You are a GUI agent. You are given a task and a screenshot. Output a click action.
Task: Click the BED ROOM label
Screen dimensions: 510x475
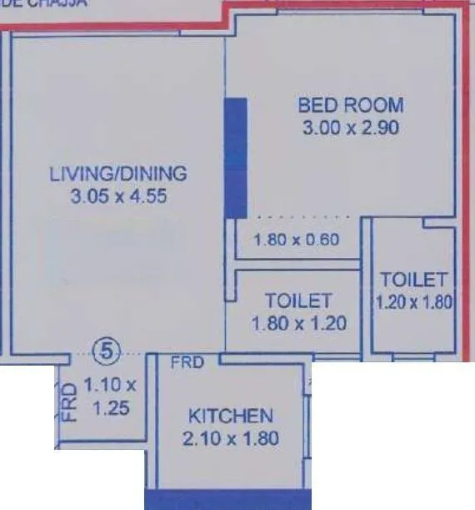tap(351, 106)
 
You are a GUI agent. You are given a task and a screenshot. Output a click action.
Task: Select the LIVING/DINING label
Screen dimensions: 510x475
tap(118, 174)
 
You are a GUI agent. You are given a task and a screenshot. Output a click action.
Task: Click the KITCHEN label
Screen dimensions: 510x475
tap(230, 416)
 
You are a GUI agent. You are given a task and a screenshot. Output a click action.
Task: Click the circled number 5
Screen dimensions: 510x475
tap(104, 351)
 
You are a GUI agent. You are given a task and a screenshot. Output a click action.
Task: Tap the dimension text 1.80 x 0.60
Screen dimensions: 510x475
tap(297, 240)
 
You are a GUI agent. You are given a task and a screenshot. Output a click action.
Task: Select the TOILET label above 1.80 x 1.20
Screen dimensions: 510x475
tap(298, 300)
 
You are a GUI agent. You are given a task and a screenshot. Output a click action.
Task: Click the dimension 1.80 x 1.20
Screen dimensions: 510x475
tap(298, 323)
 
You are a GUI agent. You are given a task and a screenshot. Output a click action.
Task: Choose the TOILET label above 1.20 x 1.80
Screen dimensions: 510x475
tap(414, 280)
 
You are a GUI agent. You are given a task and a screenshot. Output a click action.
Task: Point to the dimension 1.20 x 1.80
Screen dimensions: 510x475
tap(414, 302)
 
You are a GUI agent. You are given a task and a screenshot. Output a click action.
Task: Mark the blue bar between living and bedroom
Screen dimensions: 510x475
tap(237, 159)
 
